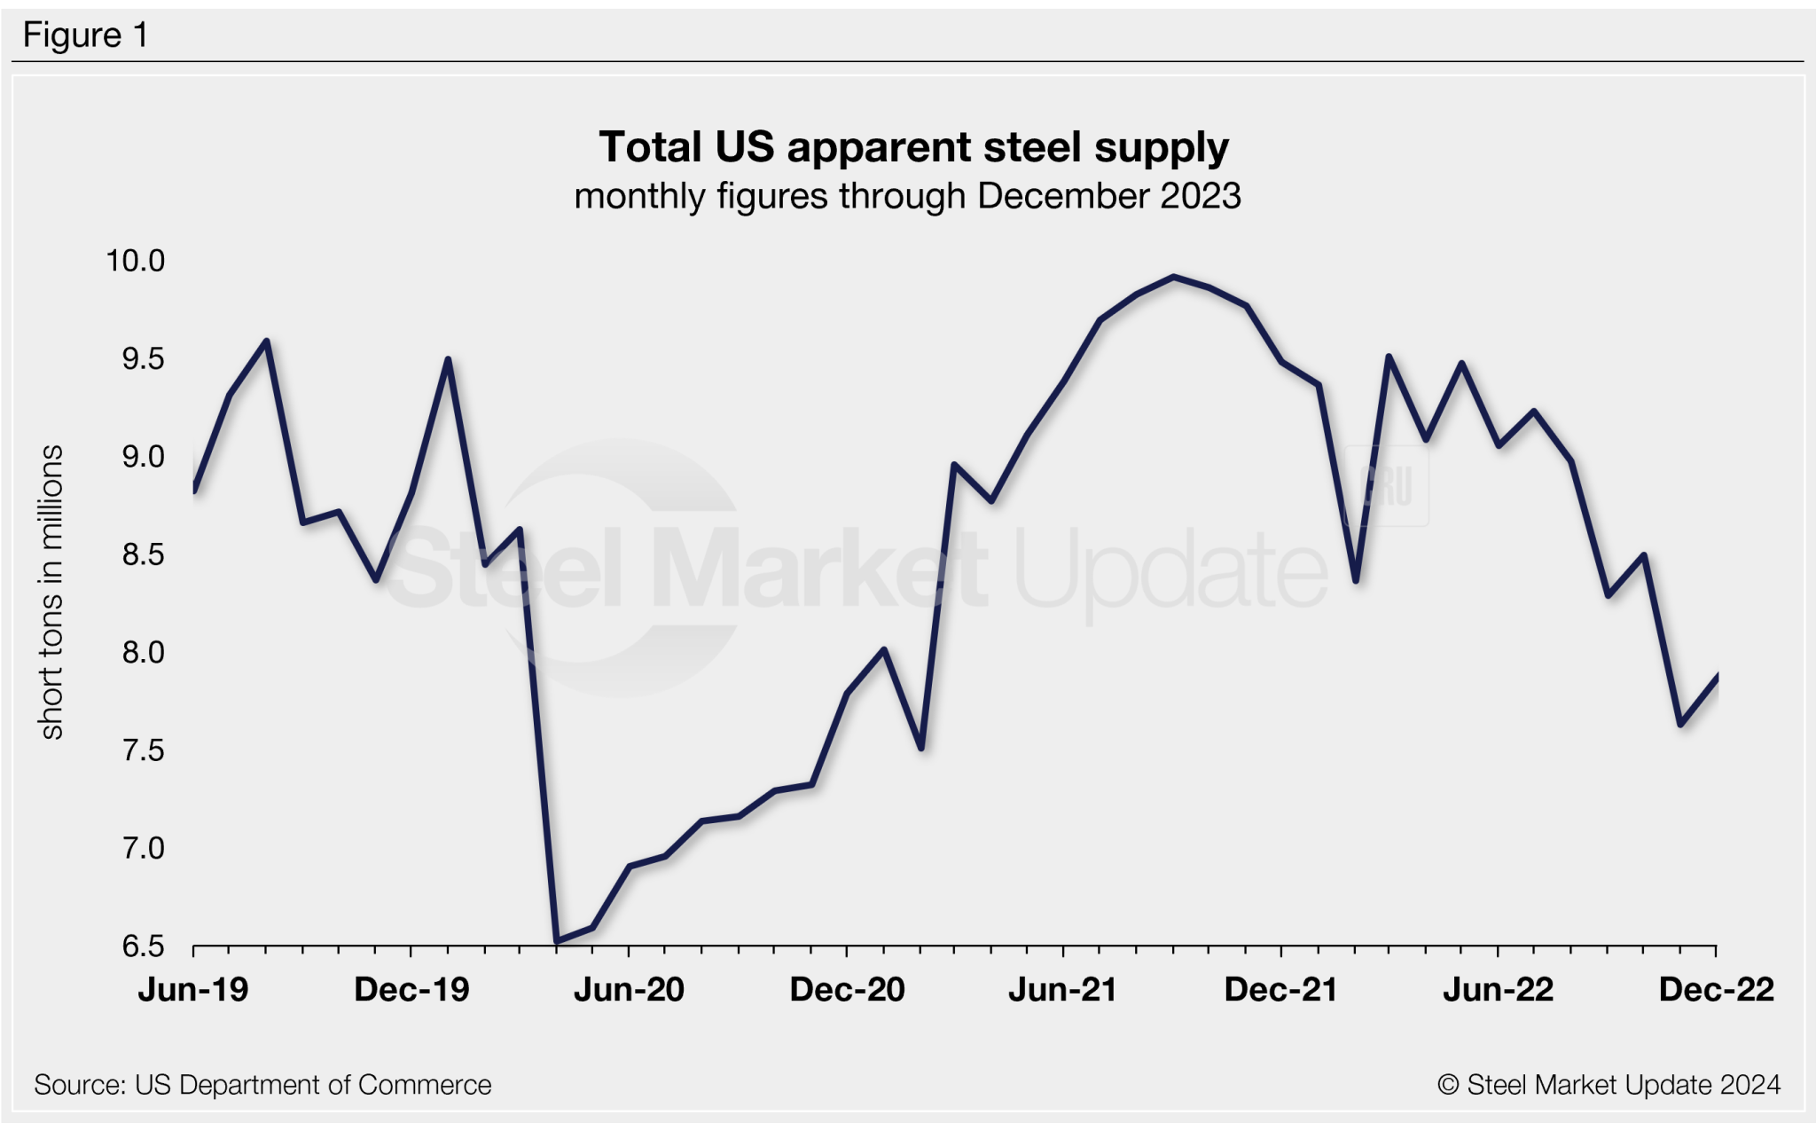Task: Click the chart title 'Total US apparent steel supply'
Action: (x=913, y=147)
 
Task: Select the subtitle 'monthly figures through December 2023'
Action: (x=907, y=196)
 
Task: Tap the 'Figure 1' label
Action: (x=85, y=35)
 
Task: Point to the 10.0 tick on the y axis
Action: (x=136, y=261)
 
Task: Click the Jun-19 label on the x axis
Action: (x=193, y=989)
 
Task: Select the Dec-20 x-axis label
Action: (x=847, y=989)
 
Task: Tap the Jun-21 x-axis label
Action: (x=1062, y=989)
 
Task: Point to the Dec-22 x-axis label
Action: (x=1716, y=989)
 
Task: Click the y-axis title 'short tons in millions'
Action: (x=51, y=592)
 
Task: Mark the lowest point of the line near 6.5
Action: (x=556, y=940)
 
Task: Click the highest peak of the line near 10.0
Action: (x=1174, y=277)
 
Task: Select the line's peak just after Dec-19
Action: (x=448, y=360)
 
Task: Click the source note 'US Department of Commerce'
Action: (x=312, y=1085)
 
